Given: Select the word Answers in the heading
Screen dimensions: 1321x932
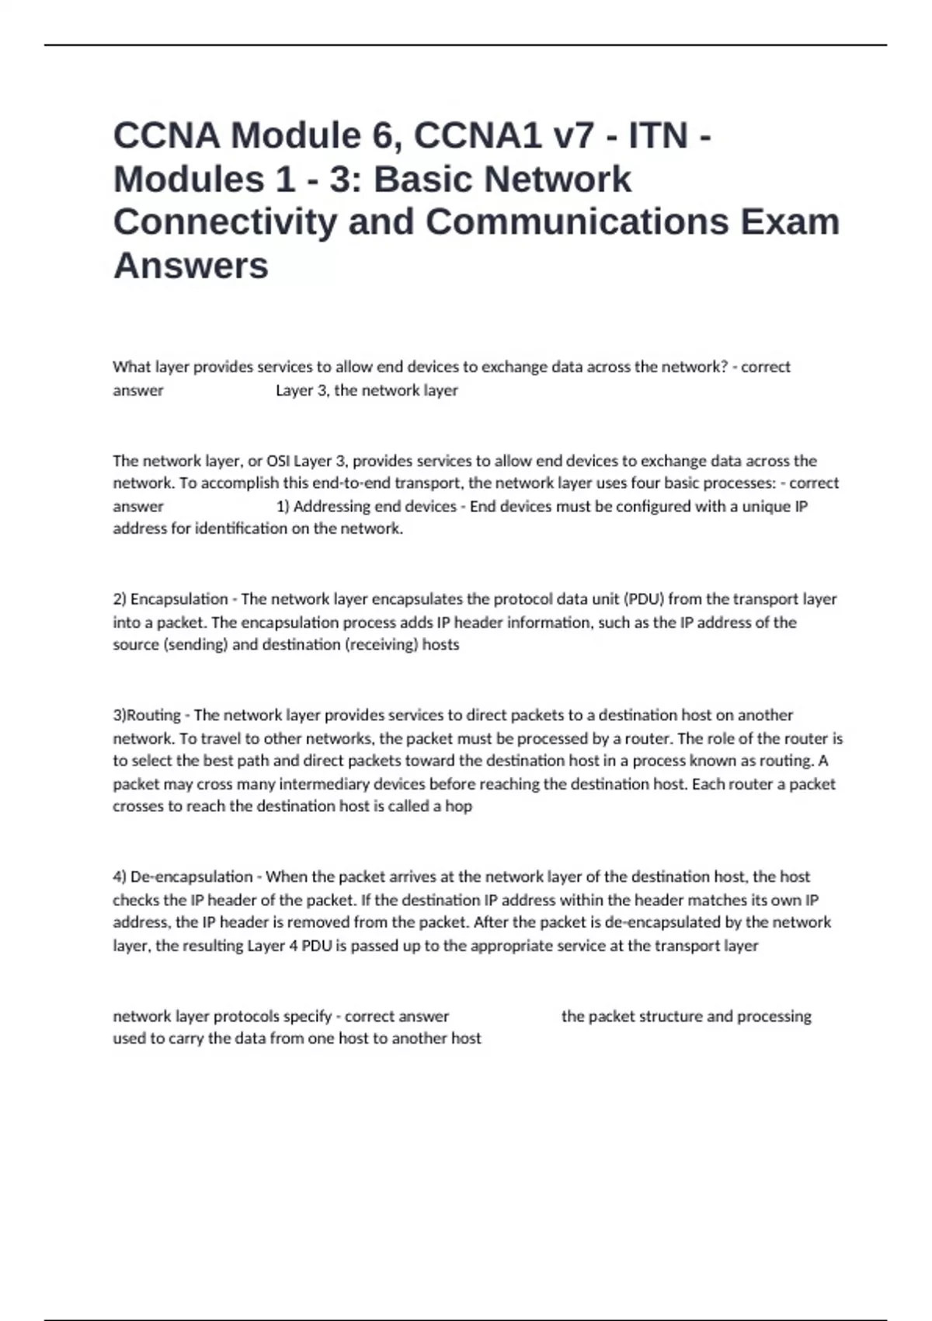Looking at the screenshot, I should coord(191,265).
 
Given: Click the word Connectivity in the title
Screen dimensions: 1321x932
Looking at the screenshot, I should coord(225,221).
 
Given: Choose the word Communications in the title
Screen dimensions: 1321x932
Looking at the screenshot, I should coord(577,221).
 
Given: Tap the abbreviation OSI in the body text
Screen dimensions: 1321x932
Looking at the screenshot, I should coord(277,461).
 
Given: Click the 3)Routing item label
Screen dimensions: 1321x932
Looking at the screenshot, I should coord(147,715).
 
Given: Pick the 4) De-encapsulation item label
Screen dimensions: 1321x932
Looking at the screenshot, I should coord(183,877).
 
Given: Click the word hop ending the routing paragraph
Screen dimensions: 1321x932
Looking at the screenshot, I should coord(458,806).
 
